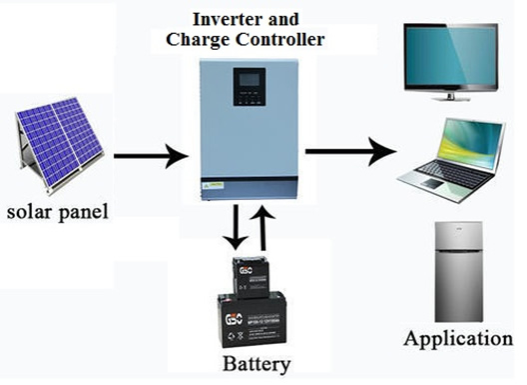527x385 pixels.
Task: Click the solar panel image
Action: (58, 140)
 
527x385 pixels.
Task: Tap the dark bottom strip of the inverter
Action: (249, 188)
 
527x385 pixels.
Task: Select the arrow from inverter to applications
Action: (348, 152)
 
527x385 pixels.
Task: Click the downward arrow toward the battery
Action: (232, 227)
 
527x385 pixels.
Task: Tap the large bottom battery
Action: (254, 319)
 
